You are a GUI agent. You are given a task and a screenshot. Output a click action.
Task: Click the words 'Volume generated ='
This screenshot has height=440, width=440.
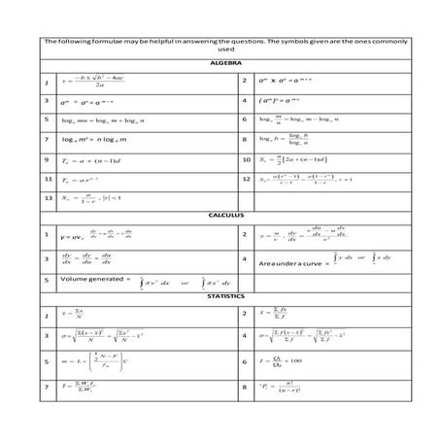[x=93, y=280]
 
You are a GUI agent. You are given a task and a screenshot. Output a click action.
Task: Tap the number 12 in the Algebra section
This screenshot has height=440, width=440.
[x=247, y=180]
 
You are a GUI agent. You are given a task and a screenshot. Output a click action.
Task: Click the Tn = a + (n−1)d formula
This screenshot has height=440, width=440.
[x=93, y=159]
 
